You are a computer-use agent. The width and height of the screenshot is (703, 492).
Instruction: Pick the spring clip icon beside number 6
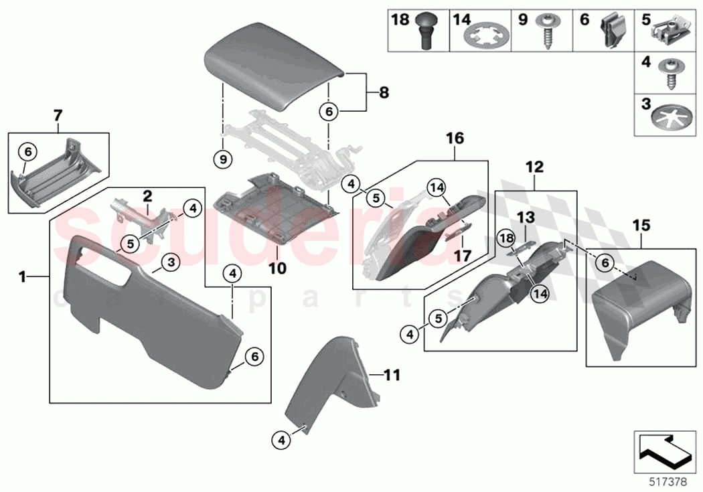[611, 31]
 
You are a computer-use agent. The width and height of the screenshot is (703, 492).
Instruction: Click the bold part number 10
[278, 268]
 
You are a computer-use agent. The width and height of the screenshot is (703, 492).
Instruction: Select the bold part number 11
[392, 376]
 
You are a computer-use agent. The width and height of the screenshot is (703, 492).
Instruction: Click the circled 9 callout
[222, 159]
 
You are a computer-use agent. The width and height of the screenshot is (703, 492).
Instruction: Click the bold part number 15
[641, 227]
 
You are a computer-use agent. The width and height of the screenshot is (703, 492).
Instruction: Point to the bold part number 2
[147, 196]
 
